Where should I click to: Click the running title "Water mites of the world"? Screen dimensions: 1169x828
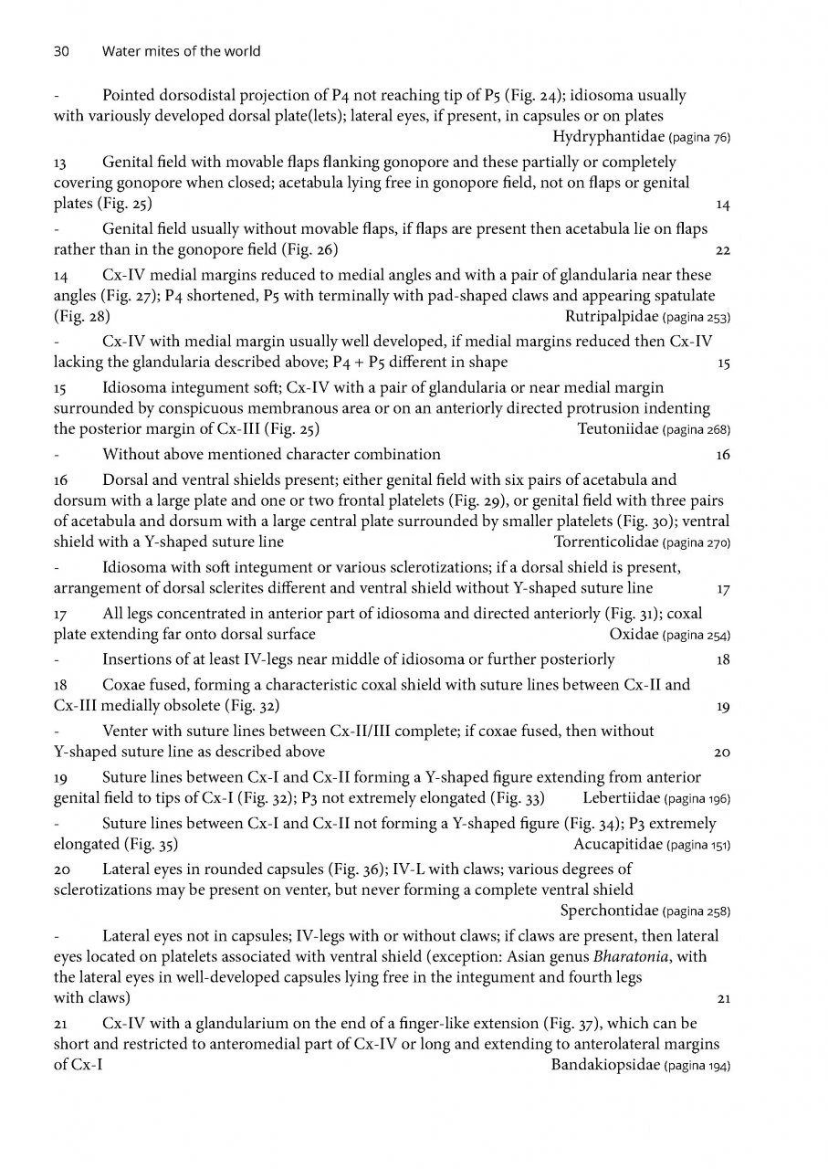[x=181, y=51]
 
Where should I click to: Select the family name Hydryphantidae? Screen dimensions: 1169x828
[x=609, y=138]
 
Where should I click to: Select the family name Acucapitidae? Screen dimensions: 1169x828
[x=619, y=843]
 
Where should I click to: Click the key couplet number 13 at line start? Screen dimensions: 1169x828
[x=61, y=162]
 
